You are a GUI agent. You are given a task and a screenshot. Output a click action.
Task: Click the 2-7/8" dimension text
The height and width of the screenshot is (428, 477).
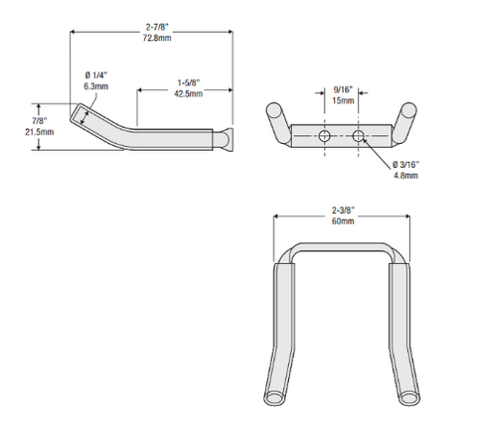pos(151,23)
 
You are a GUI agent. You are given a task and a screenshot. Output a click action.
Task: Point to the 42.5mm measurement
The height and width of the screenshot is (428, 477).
pos(185,94)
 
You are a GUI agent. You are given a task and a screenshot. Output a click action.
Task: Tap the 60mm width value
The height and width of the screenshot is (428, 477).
pos(341,222)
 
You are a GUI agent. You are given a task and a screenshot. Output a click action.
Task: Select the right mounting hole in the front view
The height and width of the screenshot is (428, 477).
pos(360,134)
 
